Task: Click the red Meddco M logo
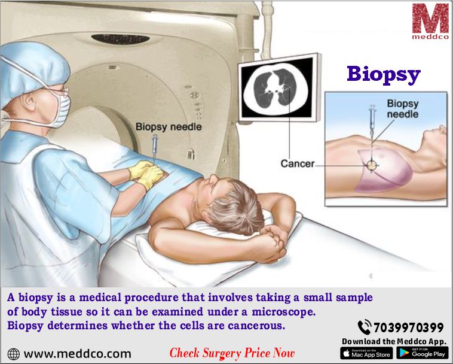point(430,19)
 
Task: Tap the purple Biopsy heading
point(384,74)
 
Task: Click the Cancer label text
point(297,164)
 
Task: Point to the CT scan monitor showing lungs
point(279,87)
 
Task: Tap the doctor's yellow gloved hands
point(147,174)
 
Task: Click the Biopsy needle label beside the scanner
point(169,127)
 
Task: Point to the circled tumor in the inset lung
point(372,165)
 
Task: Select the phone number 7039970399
point(409,327)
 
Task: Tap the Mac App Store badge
point(366,353)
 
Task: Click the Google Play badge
point(423,353)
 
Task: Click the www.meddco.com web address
point(78,354)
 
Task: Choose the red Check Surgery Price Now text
point(232,353)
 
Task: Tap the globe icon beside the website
point(14,354)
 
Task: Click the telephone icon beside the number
point(365,327)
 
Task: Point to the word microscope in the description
point(283,312)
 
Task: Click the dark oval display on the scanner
point(121,39)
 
